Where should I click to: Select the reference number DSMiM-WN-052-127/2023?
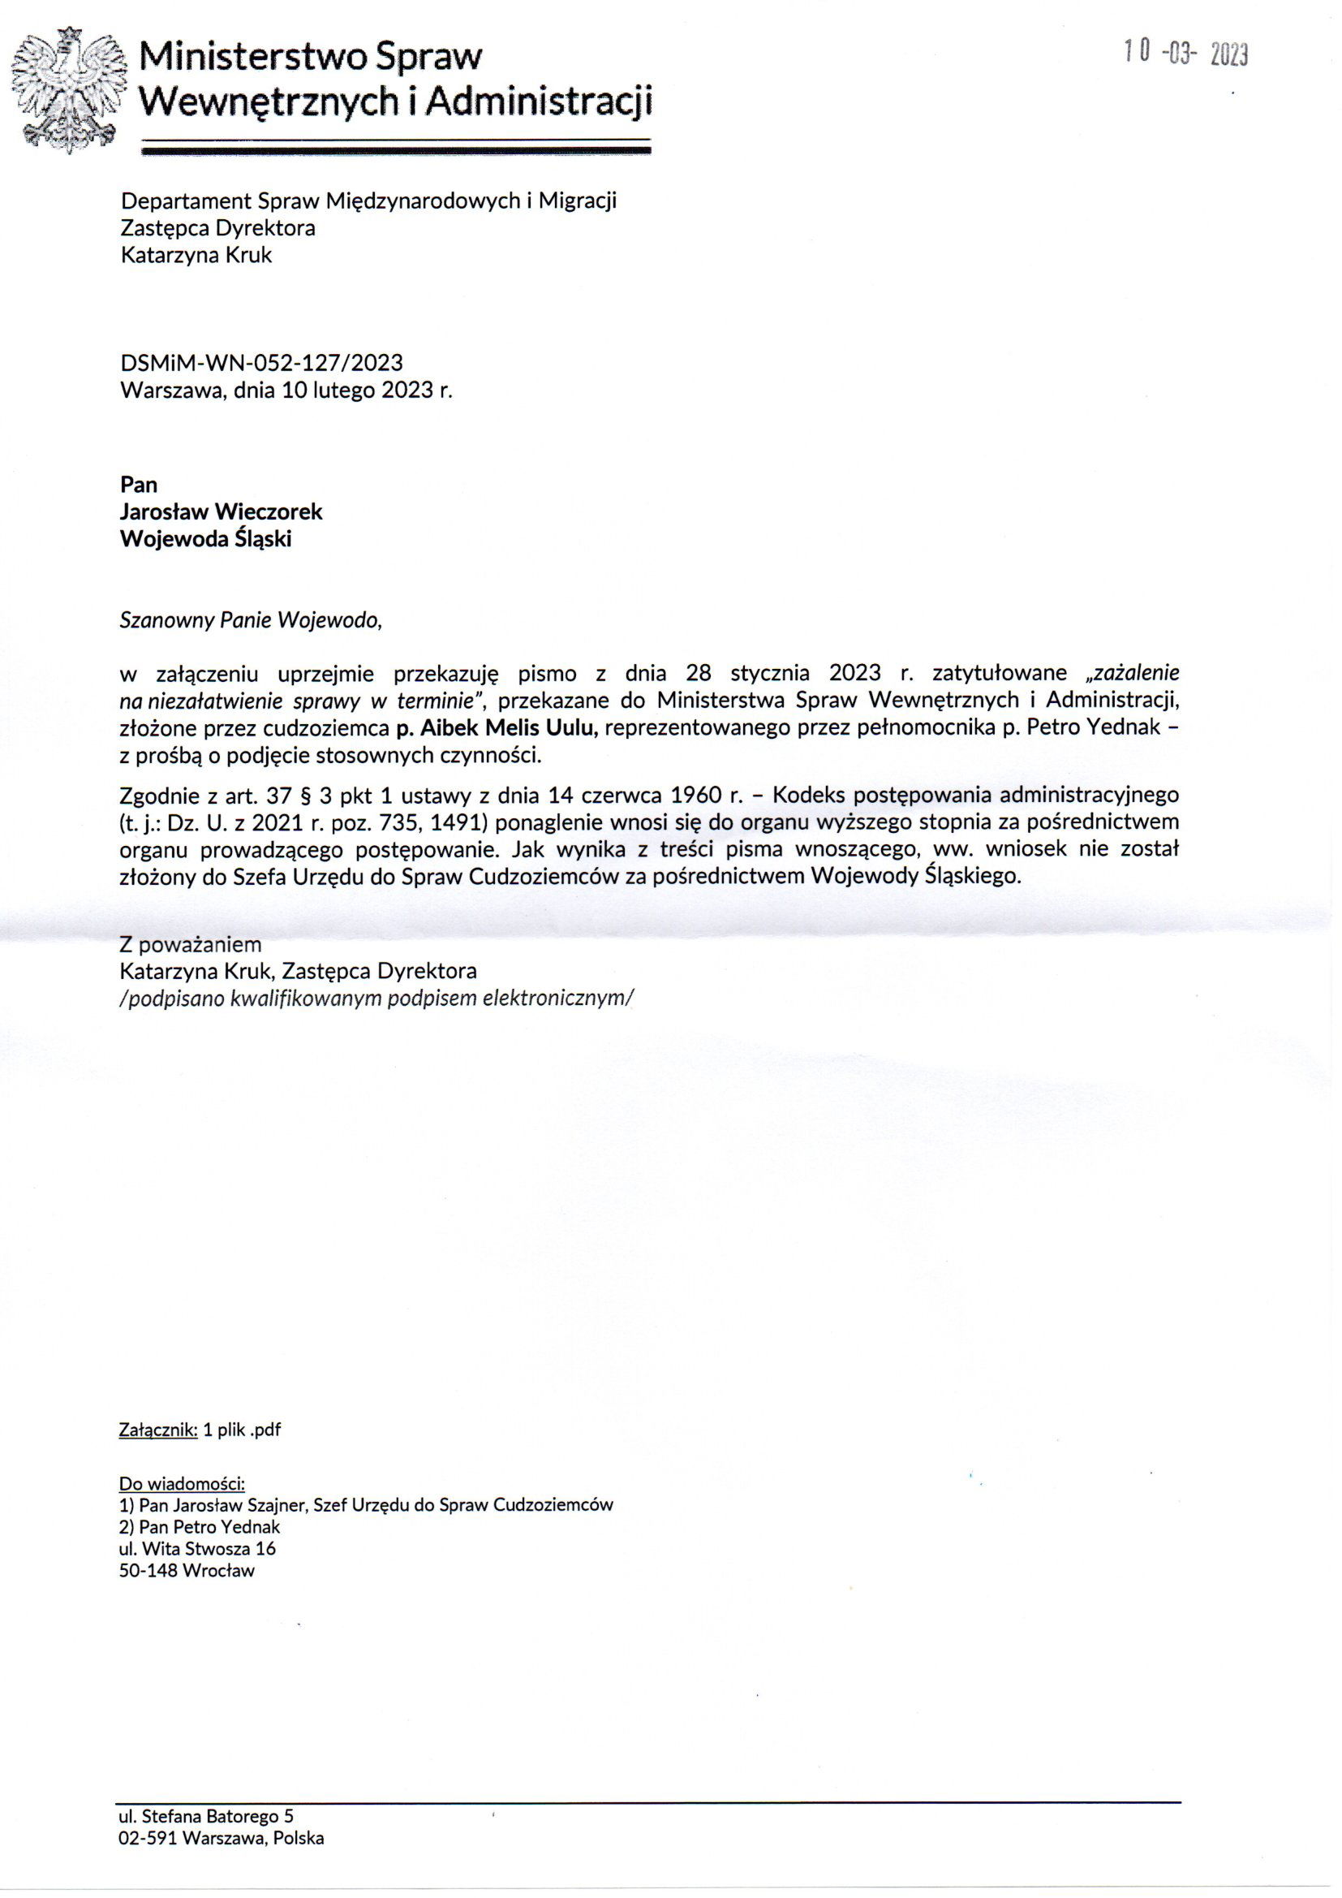[262, 362]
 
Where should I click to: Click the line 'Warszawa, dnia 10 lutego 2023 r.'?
[286, 390]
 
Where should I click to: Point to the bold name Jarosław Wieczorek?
[222, 511]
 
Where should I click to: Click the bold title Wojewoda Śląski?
[206, 539]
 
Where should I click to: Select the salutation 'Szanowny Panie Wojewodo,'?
[252, 620]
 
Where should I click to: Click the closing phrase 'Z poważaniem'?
[191, 944]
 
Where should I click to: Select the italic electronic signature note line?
[376, 998]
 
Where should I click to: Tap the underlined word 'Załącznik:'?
[159, 1430]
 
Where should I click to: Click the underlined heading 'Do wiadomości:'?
[182, 1483]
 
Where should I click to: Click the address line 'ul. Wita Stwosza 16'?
[197, 1548]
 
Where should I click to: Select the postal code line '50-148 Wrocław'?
[187, 1571]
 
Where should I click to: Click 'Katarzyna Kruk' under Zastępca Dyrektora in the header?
[196, 255]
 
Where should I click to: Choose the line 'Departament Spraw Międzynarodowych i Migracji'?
[368, 201]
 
